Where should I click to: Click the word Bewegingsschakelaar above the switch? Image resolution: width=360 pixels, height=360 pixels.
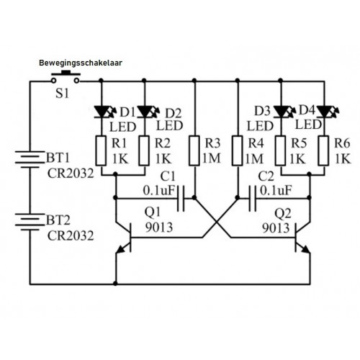coord(81,63)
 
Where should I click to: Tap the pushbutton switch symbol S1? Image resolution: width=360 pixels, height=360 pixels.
coord(66,77)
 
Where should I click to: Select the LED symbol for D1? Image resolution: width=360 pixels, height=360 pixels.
coord(105,112)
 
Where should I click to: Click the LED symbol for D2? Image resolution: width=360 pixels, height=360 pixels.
coord(148,112)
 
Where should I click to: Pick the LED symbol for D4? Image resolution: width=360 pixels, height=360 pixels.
coord(328,112)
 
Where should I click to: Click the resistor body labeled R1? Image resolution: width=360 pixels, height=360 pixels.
coord(101,150)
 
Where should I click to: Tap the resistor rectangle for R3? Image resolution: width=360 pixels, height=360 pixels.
coord(194,150)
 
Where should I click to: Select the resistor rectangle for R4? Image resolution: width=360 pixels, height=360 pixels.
coord(238,150)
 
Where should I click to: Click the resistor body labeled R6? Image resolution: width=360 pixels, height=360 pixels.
coord(324,150)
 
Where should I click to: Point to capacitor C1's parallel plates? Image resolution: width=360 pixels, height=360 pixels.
coord(181,198)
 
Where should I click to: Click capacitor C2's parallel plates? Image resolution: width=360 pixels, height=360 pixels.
coord(252,198)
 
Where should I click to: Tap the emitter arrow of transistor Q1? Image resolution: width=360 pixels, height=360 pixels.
coord(121,250)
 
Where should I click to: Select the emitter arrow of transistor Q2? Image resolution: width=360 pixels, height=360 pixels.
coord(305,250)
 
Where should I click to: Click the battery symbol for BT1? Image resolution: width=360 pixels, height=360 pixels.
coord(30,159)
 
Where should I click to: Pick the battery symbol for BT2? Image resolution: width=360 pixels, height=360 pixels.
coord(30,222)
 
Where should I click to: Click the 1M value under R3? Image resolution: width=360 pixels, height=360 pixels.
coord(212,158)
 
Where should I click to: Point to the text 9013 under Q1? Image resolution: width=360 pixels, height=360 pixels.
coord(159,228)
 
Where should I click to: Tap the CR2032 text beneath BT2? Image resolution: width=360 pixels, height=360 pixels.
coord(71,236)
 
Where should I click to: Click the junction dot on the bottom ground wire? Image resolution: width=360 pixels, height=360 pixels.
coord(115,284)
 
